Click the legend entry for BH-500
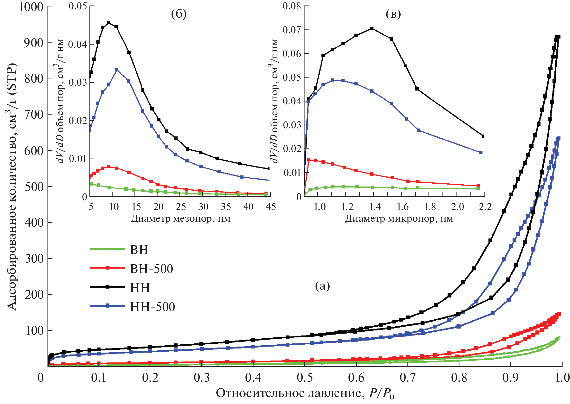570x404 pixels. tap(151, 269)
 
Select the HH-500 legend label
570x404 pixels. tap(152, 307)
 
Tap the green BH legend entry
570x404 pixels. tap(139, 250)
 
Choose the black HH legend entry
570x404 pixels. tap(140, 288)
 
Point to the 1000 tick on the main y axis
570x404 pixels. tap(31, 7)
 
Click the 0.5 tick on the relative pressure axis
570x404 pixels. tap(304, 378)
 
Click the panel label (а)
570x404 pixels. tap(322, 285)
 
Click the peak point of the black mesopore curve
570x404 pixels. tap(108, 23)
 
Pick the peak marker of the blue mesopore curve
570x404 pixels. tap(117, 70)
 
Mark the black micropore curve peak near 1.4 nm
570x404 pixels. tap(372, 28)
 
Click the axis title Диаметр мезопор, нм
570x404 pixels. tap(180, 218)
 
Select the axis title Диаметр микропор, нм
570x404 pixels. tap(399, 218)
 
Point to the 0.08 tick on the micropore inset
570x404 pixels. tap(292, 6)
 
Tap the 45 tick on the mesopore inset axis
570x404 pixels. tap(271, 207)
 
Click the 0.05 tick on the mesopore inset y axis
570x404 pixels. tap(78, 6)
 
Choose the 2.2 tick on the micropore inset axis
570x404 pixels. tap(485, 207)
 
